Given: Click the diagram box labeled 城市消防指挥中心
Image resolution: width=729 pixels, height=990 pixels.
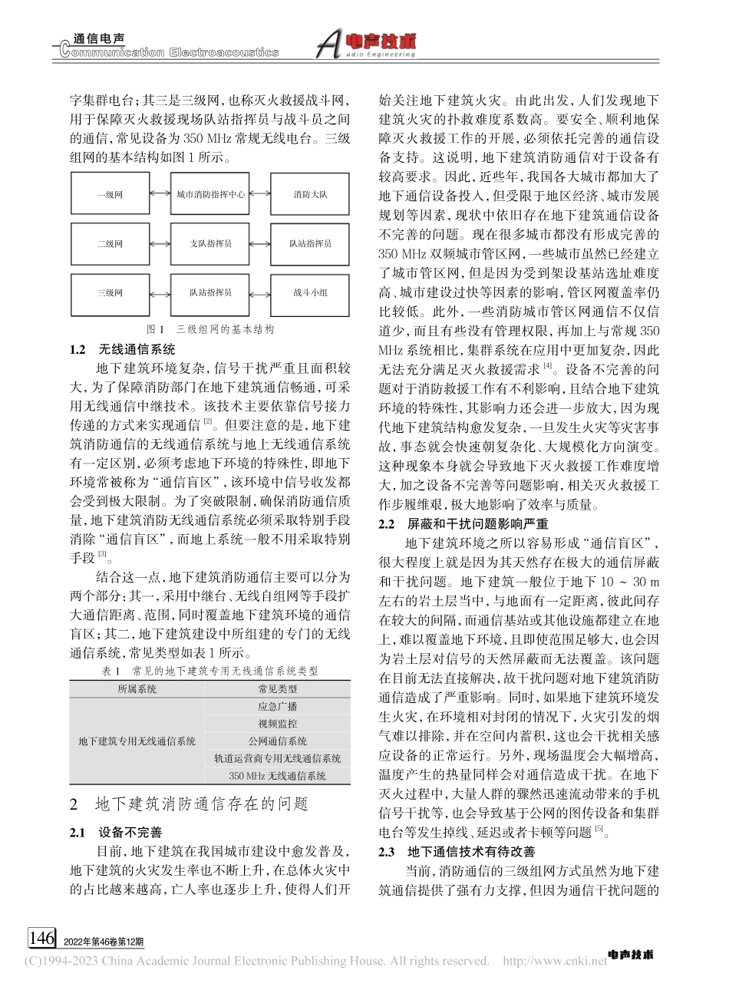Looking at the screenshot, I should pos(210,195).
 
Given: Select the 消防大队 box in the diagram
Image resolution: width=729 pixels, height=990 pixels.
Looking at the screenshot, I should pos(310,195).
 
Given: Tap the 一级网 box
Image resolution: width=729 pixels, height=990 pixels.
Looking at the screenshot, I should pos(110,195).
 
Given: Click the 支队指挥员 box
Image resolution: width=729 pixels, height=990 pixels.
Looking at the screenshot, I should pos(210,243).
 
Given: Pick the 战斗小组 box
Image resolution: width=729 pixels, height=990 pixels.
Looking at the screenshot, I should pos(310,292).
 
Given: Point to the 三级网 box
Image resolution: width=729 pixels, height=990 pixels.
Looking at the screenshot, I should pos(110,292).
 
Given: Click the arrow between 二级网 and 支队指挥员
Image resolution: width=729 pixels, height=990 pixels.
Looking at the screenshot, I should pos(159,243).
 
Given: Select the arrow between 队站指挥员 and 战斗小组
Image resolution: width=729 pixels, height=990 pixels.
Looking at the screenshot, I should pos(260,292).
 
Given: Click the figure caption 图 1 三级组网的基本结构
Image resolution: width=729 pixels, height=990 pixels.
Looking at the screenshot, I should pos(210,328).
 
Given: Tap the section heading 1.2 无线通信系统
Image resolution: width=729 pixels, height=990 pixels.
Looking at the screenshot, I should pos(122,348).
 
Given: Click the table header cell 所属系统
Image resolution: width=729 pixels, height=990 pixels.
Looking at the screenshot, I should pos(137,688).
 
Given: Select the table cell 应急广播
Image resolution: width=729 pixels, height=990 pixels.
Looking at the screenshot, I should pos(277,706).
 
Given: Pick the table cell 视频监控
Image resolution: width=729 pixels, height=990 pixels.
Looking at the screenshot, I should pos(277,724).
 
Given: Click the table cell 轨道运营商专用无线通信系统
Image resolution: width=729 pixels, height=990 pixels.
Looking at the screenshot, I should pos(277,758).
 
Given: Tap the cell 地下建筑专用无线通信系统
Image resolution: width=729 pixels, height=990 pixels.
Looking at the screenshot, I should pos(137,741).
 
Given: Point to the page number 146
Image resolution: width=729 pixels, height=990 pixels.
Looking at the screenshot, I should pos(41,938).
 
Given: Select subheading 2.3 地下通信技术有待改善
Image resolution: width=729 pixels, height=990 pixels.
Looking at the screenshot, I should pos(458,851).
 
